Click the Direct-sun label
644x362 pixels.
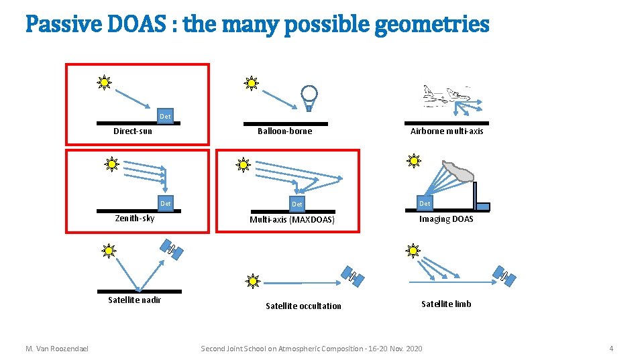(133, 131)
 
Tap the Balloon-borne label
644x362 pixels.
(285, 131)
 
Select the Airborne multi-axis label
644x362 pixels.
(447, 131)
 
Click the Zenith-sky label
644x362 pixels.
(135, 219)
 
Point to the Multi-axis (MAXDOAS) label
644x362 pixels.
(292, 220)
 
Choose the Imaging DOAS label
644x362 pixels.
(446, 219)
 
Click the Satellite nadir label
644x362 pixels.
(135, 300)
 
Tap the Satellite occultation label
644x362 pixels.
(303, 306)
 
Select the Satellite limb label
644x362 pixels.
(446, 304)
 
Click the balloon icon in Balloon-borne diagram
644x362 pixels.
(309, 96)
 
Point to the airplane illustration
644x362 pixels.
(445, 97)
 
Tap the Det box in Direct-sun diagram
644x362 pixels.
(165, 117)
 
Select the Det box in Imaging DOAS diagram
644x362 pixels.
(425, 203)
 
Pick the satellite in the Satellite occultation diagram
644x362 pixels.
(351, 276)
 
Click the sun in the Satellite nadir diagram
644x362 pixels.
(108, 251)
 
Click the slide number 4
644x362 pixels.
(611, 349)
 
